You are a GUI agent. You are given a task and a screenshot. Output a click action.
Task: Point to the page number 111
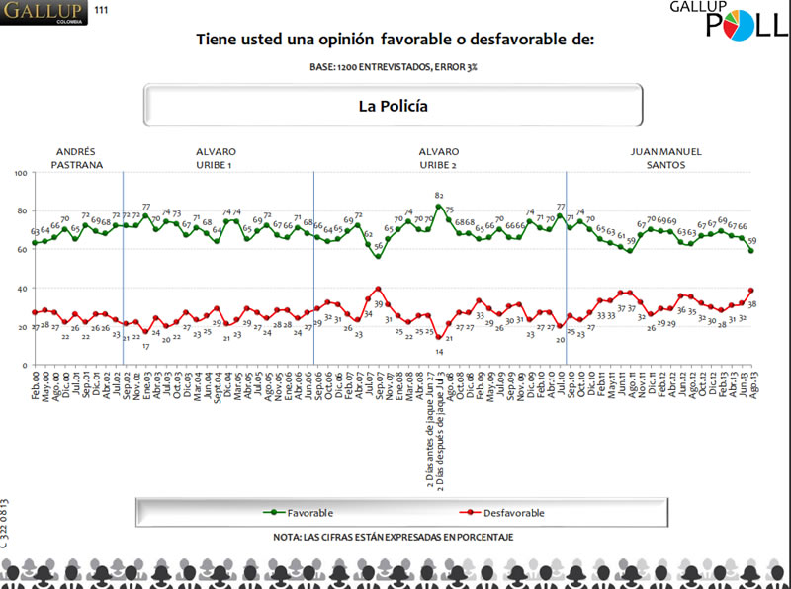pyautogui.click(x=102, y=10)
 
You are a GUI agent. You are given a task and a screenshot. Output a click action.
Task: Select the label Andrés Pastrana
pyautogui.click(x=76, y=158)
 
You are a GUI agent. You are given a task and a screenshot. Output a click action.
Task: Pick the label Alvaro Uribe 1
pyautogui.click(x=216, y=158)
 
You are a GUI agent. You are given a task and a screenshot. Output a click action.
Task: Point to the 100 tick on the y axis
pyautogui.click(x=20, y=173)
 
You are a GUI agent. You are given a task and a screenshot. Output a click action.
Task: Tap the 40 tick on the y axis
pyautogui.click(x=22, y=289)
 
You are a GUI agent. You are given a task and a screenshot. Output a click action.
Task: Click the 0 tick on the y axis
pyautogui.click(x=25, y=366)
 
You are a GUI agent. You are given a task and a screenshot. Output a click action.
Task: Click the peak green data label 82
pyautogui.click(x=438, y=196)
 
